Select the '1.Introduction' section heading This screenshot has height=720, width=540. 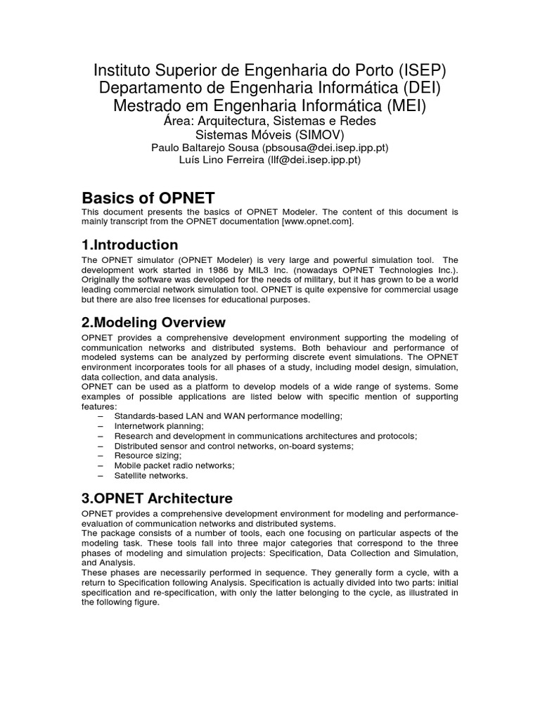tap(130, 245)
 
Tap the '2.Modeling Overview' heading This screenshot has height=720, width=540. tap(154, 322)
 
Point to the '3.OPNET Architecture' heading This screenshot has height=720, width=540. tap(157, 499)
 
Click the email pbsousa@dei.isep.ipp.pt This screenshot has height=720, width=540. tap(325, 148)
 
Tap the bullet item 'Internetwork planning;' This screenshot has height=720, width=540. tap(159, 426)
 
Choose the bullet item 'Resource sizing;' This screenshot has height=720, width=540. tap(146, 456)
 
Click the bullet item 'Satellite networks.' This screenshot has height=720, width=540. tap(151, 475)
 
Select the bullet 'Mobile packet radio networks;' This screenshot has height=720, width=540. tap(174, 465)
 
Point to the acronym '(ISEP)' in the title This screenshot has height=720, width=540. tap(411, 71)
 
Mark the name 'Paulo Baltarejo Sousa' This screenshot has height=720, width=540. tap(205, 148)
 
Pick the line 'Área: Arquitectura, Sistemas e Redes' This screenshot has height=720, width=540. tap(269, 121)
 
